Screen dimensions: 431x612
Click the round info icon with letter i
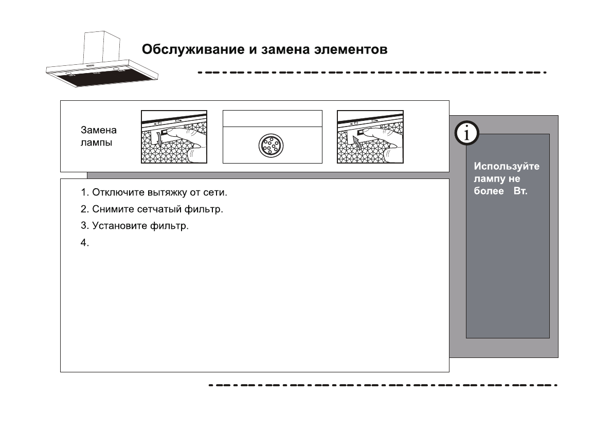(x=466, y=134)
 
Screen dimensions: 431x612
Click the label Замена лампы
(x=99, y=136)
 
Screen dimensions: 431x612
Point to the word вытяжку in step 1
(x=151, y=193)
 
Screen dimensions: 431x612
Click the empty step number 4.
(x=85, y=242)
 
